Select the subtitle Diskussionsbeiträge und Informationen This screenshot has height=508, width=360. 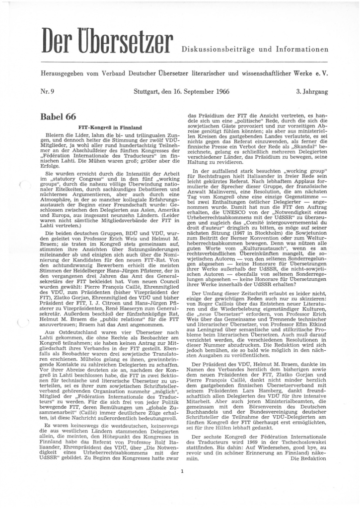(x=255, y=50)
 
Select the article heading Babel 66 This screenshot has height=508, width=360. (x=59, y=117)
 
